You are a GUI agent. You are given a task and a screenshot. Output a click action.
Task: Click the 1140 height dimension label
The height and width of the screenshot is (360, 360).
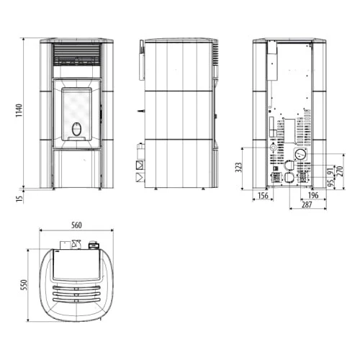(19, 111)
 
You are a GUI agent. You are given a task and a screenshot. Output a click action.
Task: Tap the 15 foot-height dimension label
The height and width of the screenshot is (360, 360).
(19, 198)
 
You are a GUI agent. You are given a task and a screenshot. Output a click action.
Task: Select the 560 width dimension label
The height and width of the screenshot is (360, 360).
(76, 225)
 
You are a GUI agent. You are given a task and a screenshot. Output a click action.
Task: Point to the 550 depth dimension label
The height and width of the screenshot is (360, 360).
(24, 285)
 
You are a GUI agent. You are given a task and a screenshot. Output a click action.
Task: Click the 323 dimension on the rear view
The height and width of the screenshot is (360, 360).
(239, 167)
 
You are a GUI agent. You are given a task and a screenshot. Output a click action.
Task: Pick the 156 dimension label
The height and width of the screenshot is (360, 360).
(263, 195)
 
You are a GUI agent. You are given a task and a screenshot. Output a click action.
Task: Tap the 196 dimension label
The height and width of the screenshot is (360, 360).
(313, 195)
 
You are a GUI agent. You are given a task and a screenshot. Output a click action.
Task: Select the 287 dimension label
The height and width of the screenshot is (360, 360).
(307, 204)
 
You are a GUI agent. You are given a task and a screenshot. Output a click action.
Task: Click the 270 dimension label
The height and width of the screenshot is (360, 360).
(341, 171)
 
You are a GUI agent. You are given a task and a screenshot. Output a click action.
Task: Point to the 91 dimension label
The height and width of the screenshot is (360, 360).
(331, 171)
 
